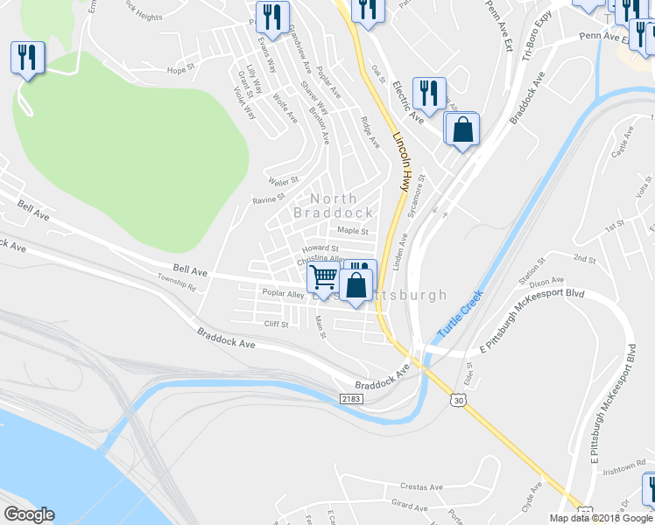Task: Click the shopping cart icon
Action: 323,278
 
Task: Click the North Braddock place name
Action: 332,206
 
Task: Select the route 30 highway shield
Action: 459,400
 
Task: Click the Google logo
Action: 29,514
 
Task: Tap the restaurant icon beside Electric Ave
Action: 429,92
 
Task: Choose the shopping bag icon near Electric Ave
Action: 461,129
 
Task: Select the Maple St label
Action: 353,232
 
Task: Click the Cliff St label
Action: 277,324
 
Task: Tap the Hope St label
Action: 179,70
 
